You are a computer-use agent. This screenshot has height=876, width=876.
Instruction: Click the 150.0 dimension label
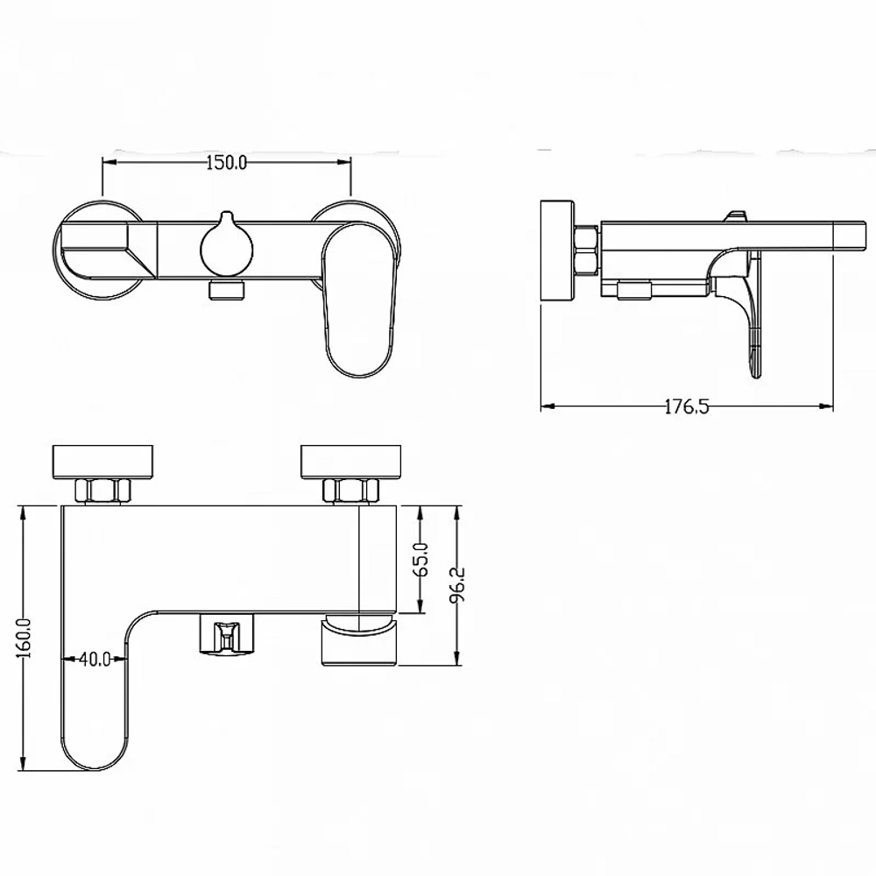226,163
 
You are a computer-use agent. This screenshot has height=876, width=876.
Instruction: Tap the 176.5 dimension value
687,406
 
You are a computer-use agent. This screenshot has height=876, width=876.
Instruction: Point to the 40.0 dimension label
95,660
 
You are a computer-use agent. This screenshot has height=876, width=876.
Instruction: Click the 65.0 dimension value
422,559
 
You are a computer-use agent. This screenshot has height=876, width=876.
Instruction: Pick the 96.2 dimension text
459,586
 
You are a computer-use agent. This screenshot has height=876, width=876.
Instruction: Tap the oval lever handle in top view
356,300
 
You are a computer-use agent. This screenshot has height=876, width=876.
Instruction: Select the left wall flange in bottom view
102,462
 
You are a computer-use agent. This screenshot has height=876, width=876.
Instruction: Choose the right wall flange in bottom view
351,462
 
